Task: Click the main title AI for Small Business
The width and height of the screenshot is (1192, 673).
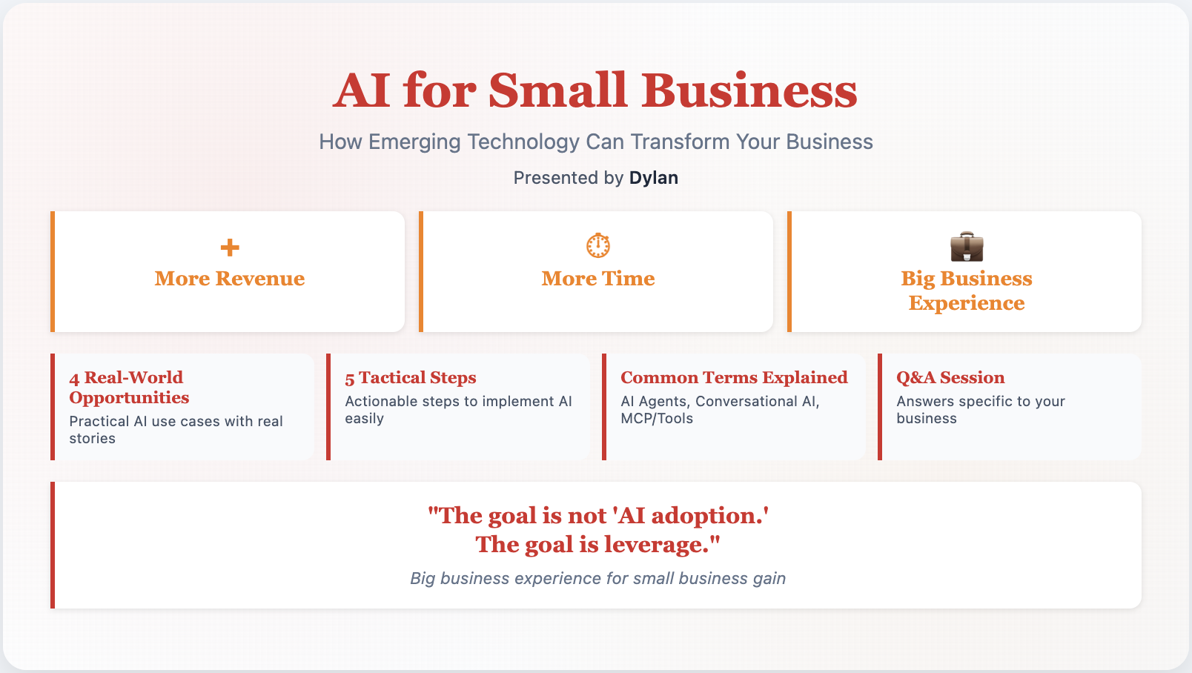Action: [595, 90]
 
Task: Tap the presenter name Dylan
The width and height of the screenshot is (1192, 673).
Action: [654, 178]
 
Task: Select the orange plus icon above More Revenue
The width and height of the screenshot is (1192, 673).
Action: [230, 248]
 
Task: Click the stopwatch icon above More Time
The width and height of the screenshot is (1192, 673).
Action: [598, 245]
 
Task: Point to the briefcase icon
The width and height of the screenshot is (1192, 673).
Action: [967, 246]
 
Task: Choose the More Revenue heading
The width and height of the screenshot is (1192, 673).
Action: [230, 278]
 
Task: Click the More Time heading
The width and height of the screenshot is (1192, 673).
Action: [598, 278]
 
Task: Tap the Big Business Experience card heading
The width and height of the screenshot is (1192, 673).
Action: [967, 291]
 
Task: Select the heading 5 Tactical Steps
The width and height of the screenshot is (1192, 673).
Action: [410, 377]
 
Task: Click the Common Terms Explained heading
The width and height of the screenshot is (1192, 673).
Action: [734, 377]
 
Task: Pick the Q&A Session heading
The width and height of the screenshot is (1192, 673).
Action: [950, 377]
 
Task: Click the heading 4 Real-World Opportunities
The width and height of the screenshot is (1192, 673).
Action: [129, 388]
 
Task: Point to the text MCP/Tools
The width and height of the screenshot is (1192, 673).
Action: [657, 419]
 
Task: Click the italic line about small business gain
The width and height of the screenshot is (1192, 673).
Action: [597, 578]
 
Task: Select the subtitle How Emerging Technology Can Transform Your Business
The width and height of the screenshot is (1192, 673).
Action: [596, 142]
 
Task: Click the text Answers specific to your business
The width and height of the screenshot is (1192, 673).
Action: [981, 410]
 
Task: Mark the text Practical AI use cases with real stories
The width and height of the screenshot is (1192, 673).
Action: [176, 430]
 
